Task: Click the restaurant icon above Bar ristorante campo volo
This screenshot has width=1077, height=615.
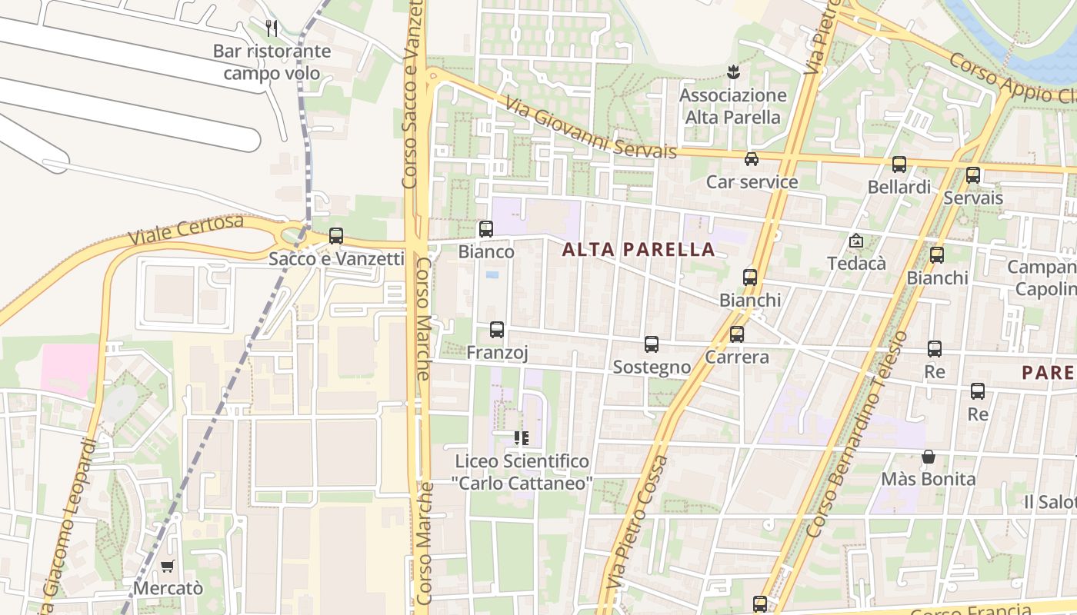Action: (x=271, y=28)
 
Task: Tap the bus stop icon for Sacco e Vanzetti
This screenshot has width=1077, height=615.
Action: (x=336, y=236)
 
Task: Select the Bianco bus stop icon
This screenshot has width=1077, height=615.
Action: (x=486, y=228)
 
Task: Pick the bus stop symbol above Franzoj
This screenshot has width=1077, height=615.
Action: (x=497, y=330)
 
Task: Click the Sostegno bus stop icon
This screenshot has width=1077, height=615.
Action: (x=652, y=344)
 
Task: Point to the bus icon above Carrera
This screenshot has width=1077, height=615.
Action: (x=737, y=334)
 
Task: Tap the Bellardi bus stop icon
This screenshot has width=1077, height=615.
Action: (x=899, y=164)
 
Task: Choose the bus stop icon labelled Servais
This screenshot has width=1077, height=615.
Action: (x=973, y=175)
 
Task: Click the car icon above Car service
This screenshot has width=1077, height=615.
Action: (x=752, y=159)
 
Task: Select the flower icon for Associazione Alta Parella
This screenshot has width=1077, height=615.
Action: (x=732, y=72)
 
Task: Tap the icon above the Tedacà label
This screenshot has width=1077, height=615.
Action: (x=856, y=241)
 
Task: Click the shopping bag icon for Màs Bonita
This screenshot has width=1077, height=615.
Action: (x=929, y=457)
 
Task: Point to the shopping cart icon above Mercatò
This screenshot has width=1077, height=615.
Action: (x=168, y=566)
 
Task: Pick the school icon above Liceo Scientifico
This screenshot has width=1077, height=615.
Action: (x=522, y=438)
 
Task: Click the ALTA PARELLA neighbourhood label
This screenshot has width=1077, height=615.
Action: (x=639, y=250)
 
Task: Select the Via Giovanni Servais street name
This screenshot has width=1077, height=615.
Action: (x=591, y=128)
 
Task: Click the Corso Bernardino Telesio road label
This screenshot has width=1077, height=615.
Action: (x=858, y=434)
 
